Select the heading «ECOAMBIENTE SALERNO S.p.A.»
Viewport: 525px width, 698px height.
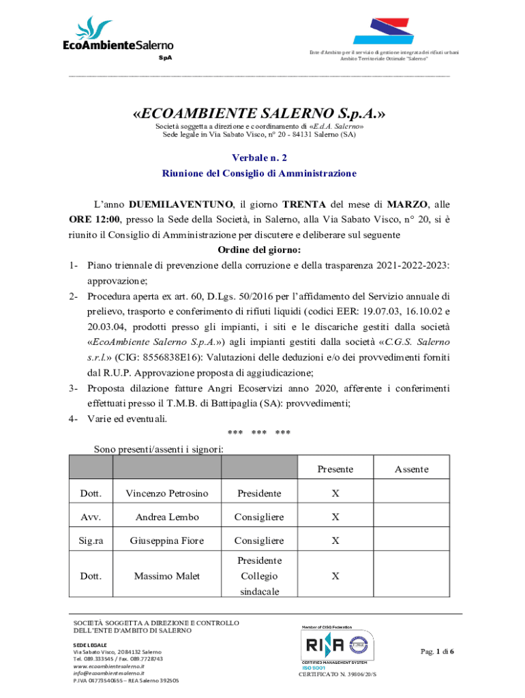pos(259,112)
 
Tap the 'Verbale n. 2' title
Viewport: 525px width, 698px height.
pos(259,157)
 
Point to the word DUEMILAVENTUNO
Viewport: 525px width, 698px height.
pos(179,204)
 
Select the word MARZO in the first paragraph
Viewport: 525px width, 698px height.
pos(407,204)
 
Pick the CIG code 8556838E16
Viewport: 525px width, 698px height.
pos(169,356)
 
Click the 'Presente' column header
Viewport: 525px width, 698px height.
pos(335,469)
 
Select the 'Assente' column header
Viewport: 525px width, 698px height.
pos(411,469)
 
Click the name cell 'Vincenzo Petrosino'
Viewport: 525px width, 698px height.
pos(167,493)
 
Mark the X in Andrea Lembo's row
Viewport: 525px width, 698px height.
pos(335,517)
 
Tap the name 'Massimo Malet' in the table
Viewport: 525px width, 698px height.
pos(167,576)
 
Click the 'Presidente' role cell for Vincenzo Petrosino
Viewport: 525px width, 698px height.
pos(259,493)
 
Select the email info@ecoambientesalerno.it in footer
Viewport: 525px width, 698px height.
pos(109,673)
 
